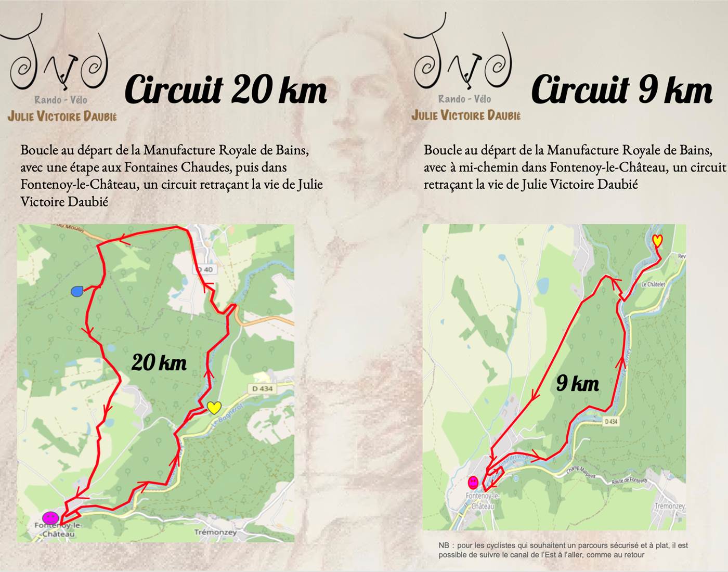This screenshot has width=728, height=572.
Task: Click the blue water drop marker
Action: [77, 291]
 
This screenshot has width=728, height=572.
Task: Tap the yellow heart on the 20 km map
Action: [214, 407]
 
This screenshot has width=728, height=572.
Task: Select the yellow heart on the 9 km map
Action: [657, 240]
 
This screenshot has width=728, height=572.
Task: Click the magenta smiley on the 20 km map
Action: [50, 517]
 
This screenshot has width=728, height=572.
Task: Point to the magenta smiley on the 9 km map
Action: [473, 482]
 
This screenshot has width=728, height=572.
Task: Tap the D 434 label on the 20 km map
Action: [262, 388]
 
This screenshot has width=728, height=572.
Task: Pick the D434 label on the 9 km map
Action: [611, 421]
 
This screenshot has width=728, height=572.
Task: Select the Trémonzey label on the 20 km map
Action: [215, 532]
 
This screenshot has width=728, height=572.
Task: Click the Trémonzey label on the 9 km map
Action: [670, 506]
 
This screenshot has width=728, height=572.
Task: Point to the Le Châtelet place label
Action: [653, 284]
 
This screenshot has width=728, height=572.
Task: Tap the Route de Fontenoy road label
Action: [630, 481]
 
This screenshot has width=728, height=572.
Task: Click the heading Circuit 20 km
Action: [226, 89]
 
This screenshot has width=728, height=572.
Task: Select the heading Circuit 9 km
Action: [621, 89]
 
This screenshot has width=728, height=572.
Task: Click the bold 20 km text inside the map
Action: [159, 362]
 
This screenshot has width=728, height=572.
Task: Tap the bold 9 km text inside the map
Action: [577, 384]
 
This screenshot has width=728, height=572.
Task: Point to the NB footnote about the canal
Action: [563, 550]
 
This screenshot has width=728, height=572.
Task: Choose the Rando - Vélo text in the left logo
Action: [61, 100]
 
